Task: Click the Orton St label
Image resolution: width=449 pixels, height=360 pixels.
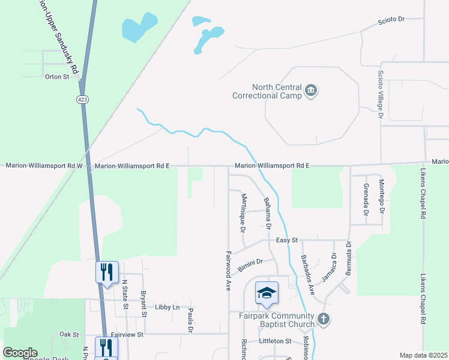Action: pos(57,77)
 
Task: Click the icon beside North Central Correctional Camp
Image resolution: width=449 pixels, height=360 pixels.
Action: pos(311,91)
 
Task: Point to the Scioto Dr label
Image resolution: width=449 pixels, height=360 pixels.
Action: pos(391,20)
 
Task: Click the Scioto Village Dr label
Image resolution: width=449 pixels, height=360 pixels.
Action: pos(380,95)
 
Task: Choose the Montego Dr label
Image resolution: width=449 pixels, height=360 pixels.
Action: pos(381,196)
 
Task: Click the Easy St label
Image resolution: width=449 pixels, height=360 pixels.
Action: pos(287,240)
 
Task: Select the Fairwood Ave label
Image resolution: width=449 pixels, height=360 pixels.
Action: pos(229,271)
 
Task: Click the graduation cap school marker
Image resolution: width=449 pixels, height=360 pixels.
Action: pos(267,293)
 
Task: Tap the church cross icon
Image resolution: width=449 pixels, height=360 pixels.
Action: pos(323,319)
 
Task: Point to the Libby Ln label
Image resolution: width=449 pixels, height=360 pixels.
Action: pos(167,307)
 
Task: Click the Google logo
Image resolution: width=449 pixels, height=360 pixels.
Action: pos(20,353)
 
